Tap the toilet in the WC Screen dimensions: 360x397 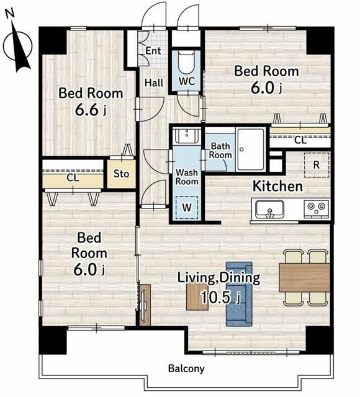click(x=186, y=62)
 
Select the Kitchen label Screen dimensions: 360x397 click(x=278, y=186)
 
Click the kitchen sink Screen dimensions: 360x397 click(x=269, y=210)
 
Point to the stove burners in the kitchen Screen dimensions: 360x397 click(x=317, y=208)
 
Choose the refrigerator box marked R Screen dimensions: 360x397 click(x=317, y=165)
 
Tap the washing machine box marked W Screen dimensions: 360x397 click(x=187, y=207)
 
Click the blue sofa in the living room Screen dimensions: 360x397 click(x=239, y=293)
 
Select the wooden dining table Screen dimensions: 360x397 click(x=305, y=277)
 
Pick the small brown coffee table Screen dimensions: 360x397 click(x=197, y=297)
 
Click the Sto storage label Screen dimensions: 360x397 click(x=122, y=174)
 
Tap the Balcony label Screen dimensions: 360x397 click(x=186, y=368)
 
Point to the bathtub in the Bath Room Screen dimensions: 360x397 click(x=251, y=149)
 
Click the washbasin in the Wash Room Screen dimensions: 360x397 click(x=187, y=135)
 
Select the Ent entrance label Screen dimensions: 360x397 click(x=153, y=51)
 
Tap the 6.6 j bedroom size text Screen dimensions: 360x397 click(x=91, y=110)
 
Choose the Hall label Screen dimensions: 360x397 click(x=154, y=83)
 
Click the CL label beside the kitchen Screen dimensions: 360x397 click(x=300, y=140)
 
